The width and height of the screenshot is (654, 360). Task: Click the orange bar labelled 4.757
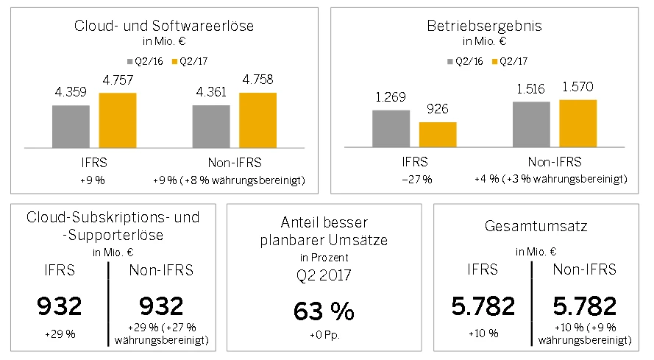[118, 120]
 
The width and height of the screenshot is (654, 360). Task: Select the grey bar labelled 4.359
[71, 126]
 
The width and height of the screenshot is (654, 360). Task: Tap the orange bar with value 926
[438, 134]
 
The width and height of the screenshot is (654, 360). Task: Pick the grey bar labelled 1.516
[531, 124]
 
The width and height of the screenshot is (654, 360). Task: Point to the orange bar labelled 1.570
[577, 123]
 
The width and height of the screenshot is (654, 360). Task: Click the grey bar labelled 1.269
[391, 128]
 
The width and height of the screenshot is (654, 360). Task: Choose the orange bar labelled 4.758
[257, 120]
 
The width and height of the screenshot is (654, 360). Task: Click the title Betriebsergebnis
[485, 26]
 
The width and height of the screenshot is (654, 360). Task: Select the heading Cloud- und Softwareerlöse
[164, 26]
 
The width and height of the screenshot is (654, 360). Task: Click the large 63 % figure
[324, 311]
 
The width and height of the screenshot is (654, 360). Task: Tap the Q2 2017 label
[324, 278]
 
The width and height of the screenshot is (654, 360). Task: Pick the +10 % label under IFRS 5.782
[483, 333]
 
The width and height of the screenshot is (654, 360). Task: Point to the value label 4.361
[211, 93]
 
